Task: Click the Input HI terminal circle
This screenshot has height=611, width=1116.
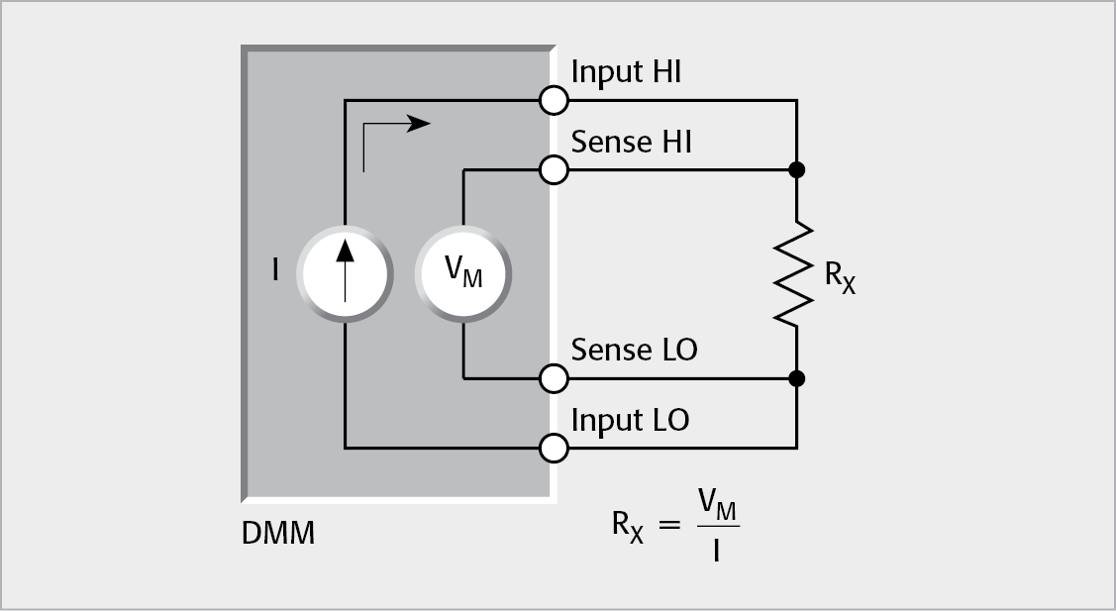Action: [x=555, y=100]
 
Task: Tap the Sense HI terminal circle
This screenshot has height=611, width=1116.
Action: [x=555, y=170]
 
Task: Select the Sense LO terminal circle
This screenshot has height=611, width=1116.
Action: [x=555, y=378]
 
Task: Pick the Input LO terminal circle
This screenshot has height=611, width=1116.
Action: [x=555, y=449]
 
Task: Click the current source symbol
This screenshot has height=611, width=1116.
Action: [x=345, y=274]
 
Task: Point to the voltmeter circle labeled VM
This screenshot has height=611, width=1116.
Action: [x=462, y=274]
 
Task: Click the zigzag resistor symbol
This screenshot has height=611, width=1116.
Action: [x=796, y=274]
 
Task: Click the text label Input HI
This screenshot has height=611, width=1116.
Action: [x=626, y=73]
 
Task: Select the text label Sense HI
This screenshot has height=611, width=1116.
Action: [x=631, y=143]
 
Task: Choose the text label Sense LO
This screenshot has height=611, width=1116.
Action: [x=634, y=350]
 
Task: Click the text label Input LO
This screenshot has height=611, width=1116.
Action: [x=630, y=420]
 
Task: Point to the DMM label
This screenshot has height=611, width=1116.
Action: [x=278, y=535]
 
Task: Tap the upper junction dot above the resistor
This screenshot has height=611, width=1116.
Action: [x=796, y=170]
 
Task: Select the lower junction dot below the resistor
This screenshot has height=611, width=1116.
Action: [x=796, y=378]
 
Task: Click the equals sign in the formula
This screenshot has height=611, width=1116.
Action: [x=670, y=526]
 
